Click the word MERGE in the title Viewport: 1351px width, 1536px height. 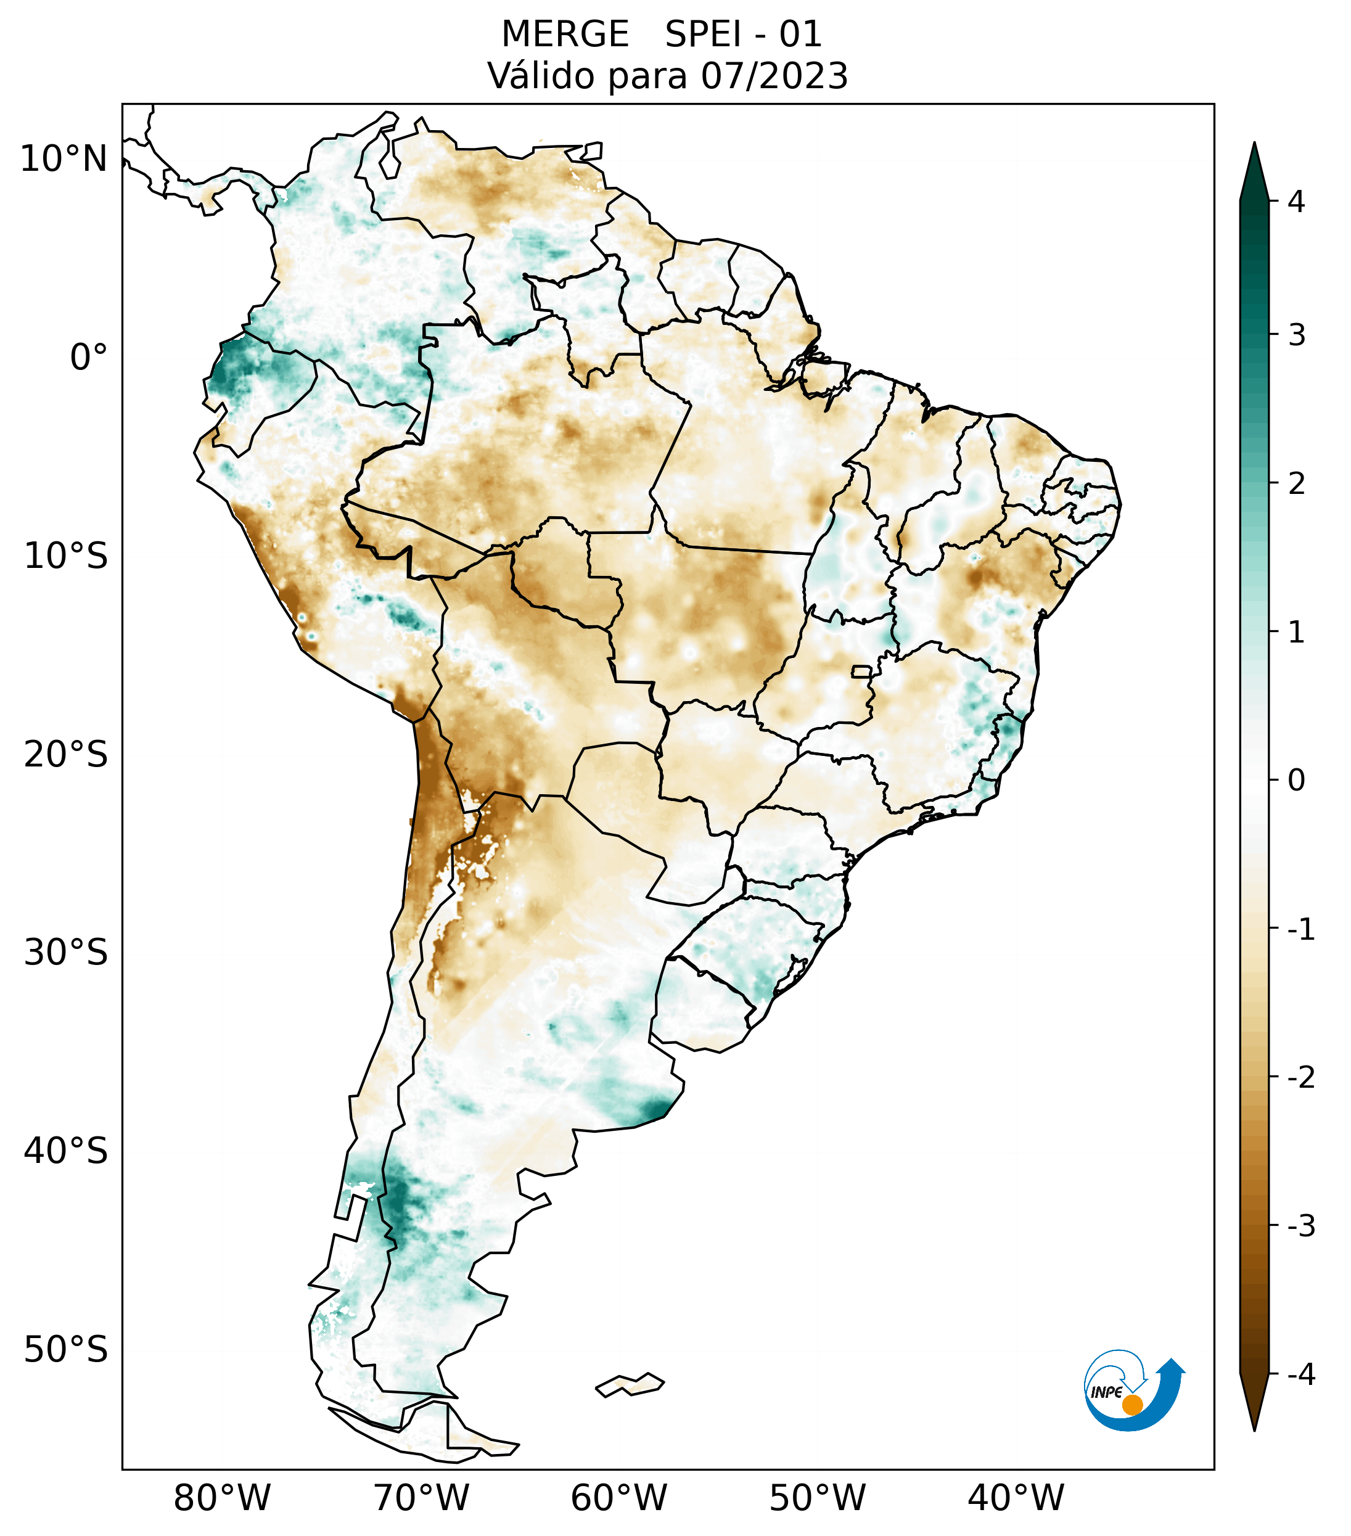pos(564,35)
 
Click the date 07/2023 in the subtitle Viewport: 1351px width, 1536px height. pos(774,76)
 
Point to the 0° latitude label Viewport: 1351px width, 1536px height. pos(89,358)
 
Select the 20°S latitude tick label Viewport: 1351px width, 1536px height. pos(66,755)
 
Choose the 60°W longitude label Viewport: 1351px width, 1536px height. pos(618,1498)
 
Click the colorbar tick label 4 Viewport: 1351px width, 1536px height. pos(1296,202)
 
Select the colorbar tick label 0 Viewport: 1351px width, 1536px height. pos(1296,780)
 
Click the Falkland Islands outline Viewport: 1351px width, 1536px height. pos(630,1384)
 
